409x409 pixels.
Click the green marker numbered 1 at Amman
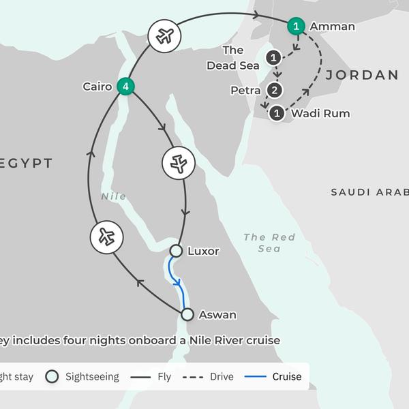tap(296, 27)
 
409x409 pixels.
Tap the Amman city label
tap(332, 27)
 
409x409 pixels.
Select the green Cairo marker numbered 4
tap(125, 87)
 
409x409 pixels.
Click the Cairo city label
tap(97, 87)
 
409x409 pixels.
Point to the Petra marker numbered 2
tap(274, 90)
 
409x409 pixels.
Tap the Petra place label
tap(245, 90)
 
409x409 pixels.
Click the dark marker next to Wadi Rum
tap(277, 113)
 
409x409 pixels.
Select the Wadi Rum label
tap(320, 113)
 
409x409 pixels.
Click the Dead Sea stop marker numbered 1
tap(274, 58)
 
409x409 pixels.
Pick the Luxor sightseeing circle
tap(176, 251)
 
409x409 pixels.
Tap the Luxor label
tap(203, 251)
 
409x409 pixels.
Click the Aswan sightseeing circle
tap(187, 314)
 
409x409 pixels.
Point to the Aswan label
tap(217, 315)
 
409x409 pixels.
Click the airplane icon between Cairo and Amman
tap(164, 35)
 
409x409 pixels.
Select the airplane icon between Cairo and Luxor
tap(179, 163)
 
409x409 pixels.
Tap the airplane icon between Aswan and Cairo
tap(106, 237)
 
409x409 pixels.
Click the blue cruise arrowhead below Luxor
tap(179, 283)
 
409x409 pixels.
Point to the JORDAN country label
tap(361, 75)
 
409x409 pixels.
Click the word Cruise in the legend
tap(287, 376)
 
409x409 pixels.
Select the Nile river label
tap(114, 196)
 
